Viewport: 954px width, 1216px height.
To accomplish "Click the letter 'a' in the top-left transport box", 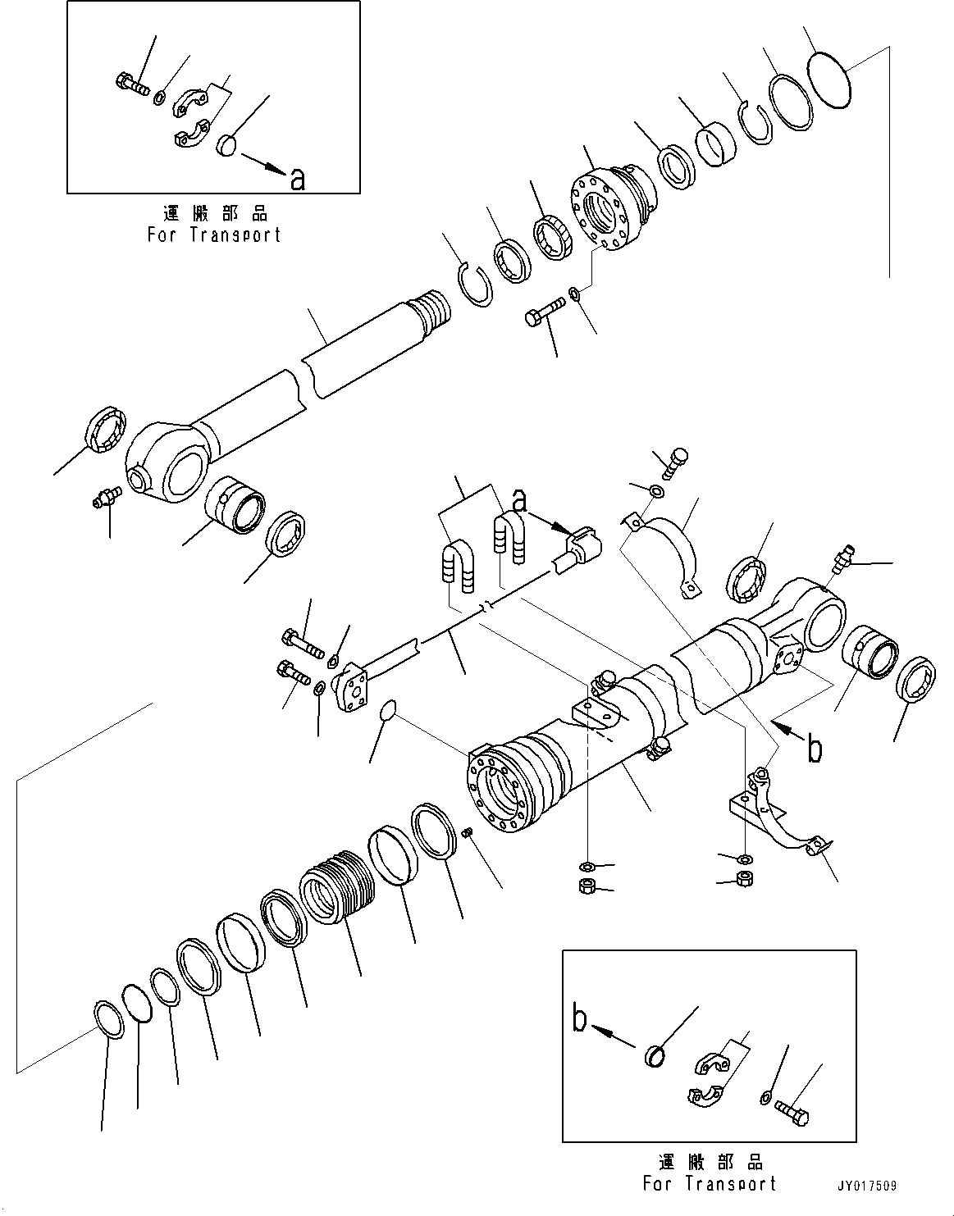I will click(297, 178).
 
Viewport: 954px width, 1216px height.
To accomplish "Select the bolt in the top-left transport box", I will click(130, 83).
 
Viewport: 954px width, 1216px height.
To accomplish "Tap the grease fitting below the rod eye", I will click(106, 497).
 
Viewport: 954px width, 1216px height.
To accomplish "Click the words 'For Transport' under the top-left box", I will click(214, 235).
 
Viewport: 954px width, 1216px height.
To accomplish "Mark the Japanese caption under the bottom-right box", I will click(710, 1163).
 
